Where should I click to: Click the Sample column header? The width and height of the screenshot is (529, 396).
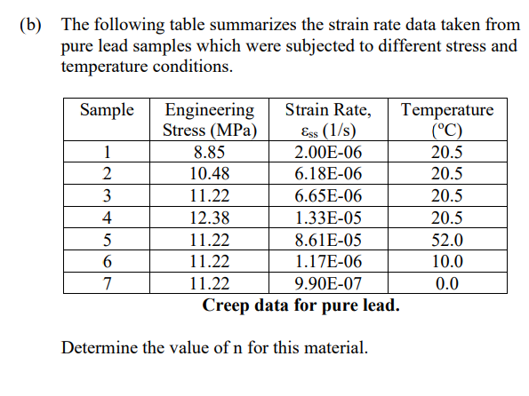tap(107, 111)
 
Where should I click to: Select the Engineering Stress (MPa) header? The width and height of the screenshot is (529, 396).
tap(210, 121)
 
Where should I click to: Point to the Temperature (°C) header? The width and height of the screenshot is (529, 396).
tap(447, 121)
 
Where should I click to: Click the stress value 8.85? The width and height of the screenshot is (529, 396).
tap(210, 152)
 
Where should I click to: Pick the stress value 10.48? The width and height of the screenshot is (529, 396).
tap(210, 174)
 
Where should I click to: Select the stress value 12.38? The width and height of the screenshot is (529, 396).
tap(210, 218)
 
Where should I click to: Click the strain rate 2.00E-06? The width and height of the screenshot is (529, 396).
tap(328, 152)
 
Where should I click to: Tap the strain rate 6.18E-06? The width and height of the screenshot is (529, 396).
tap(328, 174)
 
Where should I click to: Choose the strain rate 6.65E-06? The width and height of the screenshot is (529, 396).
tap(328, 196)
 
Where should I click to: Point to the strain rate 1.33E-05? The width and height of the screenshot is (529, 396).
tap(328, 218)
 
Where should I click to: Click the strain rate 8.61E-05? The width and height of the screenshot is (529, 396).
tap(328, 240)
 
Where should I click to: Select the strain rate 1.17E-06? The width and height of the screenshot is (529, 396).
tap(328, 262)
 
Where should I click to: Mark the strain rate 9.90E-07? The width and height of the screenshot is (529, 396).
tap(328, 284)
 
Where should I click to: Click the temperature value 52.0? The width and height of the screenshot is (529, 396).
tap(446, 240)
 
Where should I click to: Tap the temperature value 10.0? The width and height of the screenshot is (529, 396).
tap(446, 262)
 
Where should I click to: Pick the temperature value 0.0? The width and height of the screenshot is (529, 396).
tap(446, 284)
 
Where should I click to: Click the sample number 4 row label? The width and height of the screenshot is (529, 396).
tap(107, 218)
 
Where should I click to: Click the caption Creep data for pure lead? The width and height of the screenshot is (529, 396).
tap(301, 306)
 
